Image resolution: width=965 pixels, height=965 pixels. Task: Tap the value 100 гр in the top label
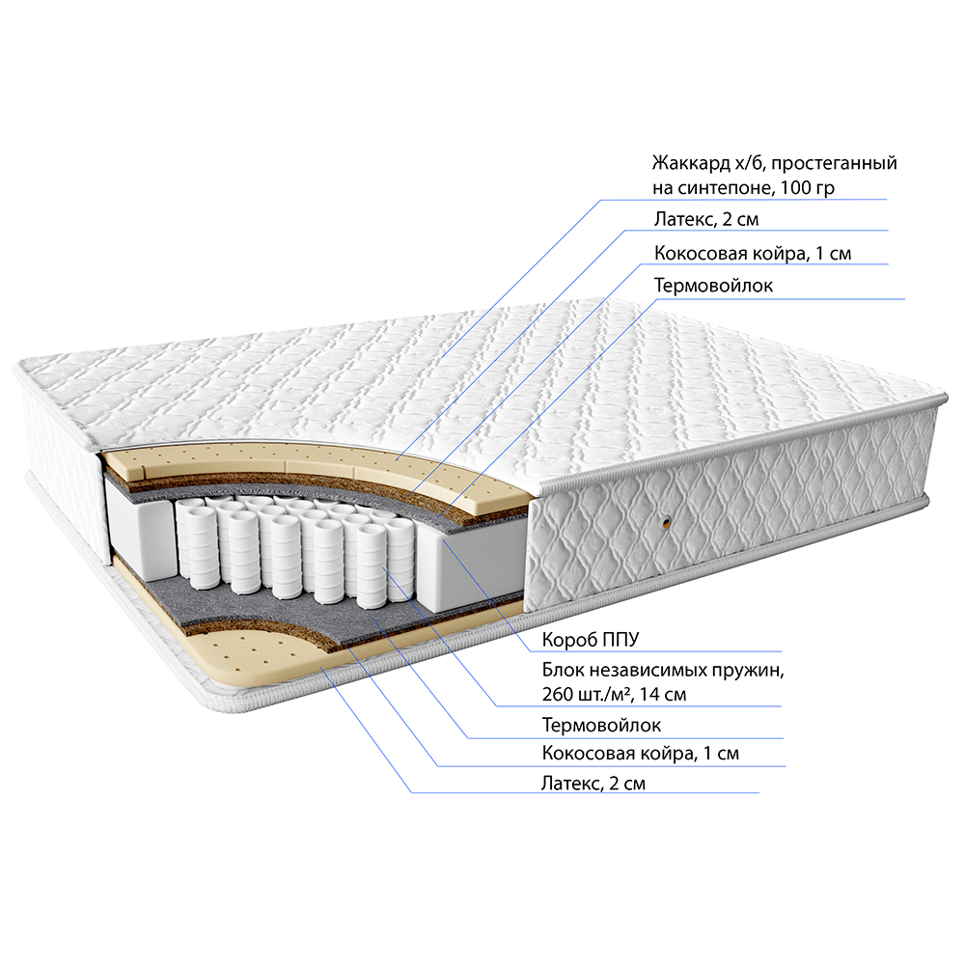coord(807,188)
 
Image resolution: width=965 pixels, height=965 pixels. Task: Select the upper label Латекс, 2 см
coord(706,219)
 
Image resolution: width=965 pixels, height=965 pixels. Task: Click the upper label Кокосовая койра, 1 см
coord(753,253)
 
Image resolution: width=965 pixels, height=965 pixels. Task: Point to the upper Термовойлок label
coord(713,286)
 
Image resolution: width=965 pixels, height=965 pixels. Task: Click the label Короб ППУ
coord(591,640)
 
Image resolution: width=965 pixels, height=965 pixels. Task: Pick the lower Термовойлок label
coord(601,725)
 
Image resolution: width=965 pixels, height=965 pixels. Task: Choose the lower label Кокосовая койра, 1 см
coord(640,754)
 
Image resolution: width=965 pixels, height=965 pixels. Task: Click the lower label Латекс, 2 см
coord(593,784)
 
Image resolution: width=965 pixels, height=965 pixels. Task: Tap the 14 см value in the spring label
coord(663,694)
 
